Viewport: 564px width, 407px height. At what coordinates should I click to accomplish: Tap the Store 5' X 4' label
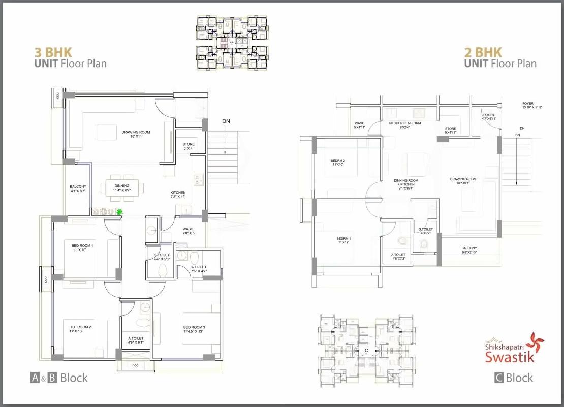(x=189, y=147)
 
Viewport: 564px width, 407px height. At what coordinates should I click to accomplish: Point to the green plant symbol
(x=120, y=212)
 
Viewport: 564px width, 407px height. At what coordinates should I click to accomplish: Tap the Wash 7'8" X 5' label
(x=188, y=231)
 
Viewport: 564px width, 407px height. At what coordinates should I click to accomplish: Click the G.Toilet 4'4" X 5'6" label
(x=162, y=257)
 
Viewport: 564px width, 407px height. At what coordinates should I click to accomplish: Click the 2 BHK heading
(x=483, y=52)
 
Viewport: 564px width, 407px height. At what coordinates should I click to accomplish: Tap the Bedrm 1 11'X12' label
(x=343, y=240)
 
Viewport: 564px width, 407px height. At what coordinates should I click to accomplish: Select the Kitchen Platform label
(x=404, y=125)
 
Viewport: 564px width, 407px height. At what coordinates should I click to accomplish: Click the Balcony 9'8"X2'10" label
(x=469, y=250)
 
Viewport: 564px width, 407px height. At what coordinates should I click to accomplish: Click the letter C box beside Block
(x=499, y=378)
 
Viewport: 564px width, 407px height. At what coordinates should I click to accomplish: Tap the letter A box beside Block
(x=35, y=378)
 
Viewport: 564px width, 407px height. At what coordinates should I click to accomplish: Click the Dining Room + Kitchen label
(x=406, y=184)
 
